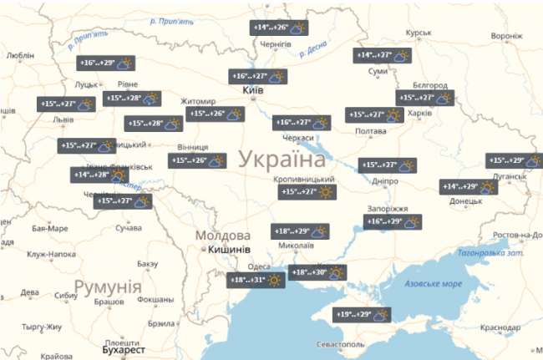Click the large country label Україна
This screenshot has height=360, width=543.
[x=283, y=160]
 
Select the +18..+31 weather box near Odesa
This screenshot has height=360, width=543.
[x=256, y=281]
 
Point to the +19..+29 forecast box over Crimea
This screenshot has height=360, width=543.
[x=363, y=315]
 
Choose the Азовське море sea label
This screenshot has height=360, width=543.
[x=433, y=284]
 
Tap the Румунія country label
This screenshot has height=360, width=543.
[x=107, y=288]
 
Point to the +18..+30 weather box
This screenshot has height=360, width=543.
[x=318, y=272]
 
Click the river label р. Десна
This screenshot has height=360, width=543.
[x=316, y=48]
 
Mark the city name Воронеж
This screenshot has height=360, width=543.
[x=506, y=36]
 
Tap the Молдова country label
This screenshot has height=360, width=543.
[x=223, y=236]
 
